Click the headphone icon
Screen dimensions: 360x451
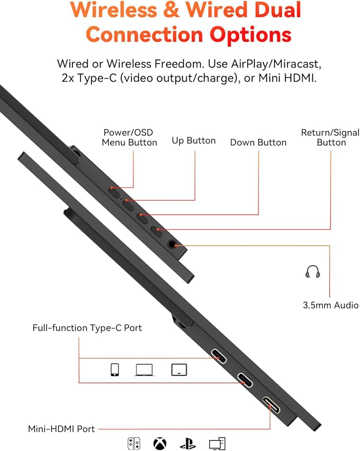pyautogui.click(x=312, y=271)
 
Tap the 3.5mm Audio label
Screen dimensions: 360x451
pyautogui.click(x=331, y=305)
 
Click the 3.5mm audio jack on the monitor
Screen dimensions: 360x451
pyautogui.click(x=172, y=244)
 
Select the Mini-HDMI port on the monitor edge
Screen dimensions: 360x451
pyautogui.click(x=271, y=405)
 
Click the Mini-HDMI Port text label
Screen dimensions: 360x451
pyautogui.click(x=61, y=429)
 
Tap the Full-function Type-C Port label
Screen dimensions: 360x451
pyautogui.click(x=87, y=328)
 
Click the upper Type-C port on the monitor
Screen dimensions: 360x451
pyautogui.click(x=219, y=356)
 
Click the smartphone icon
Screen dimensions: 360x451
pyautogui.click(x=115, y=369)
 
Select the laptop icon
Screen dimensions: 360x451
pyautogui.click(x=144, y=370)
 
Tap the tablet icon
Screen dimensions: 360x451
pyautogui.click(x=179, y=370)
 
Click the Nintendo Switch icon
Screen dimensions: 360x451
pyautogui.click(x=134, y=443)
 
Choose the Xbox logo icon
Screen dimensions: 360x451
pyautogui.click(x=160, y=443)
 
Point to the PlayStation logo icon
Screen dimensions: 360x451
pyautogui.click(x=188, y=443)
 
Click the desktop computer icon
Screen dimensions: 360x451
pyautogui.click(x=217, y=443)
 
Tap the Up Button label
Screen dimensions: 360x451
pyautogui.click(x=193, y=141)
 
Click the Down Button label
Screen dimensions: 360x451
pyautogui.click(x=258, y=142)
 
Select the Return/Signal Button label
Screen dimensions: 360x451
pyautogui.click(x=330, y=138)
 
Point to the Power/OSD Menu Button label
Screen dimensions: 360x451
pyautogui.click(x=129, y=138)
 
